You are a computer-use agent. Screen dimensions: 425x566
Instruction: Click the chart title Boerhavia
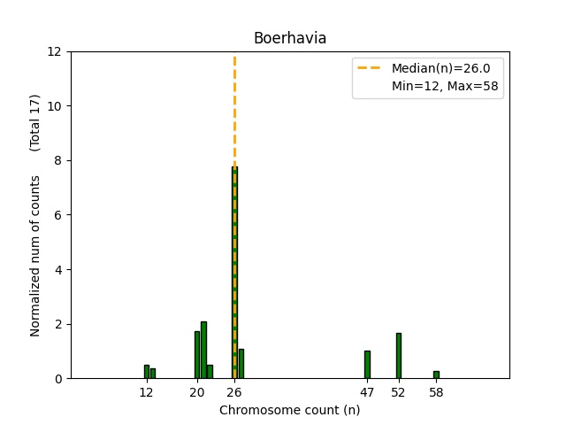(289, 38)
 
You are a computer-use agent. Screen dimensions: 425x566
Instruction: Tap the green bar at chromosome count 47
(367, 365)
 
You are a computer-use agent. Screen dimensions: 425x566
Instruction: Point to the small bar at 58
(436, 375)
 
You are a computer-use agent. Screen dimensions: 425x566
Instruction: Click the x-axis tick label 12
(147, 392)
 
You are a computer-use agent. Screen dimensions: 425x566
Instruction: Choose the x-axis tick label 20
(197, 392)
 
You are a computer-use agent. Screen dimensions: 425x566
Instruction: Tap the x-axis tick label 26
(234, 392)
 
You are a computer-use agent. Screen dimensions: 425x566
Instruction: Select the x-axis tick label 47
(367, 392)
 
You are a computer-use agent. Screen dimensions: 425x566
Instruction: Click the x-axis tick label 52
(399, 392)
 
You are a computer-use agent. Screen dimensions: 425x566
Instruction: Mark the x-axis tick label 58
(436, 392)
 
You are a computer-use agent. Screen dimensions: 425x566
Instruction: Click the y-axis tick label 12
(55, 51)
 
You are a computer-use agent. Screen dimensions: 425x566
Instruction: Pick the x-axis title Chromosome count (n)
(289, 410)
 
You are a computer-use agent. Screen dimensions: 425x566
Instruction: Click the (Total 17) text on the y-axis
(35, 122)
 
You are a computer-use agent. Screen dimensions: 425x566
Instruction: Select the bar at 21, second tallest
(203, 350)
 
